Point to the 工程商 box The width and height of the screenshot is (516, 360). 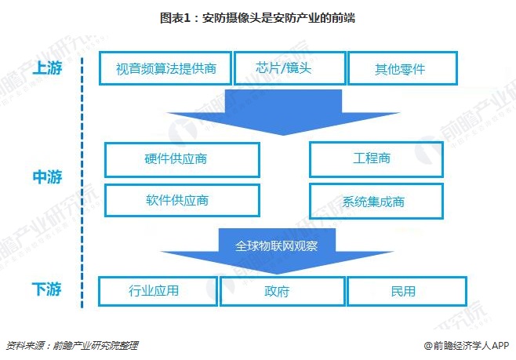click(x=372, y=159)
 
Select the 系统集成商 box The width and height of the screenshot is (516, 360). click(x=372, y=201)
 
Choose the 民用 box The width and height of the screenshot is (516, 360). click(x=402, y=292)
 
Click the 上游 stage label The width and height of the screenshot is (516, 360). click(x=46, y=69)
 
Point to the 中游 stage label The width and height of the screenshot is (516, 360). click(x=46, y=178)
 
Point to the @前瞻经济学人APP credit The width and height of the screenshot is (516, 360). click(x=467, y=344)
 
